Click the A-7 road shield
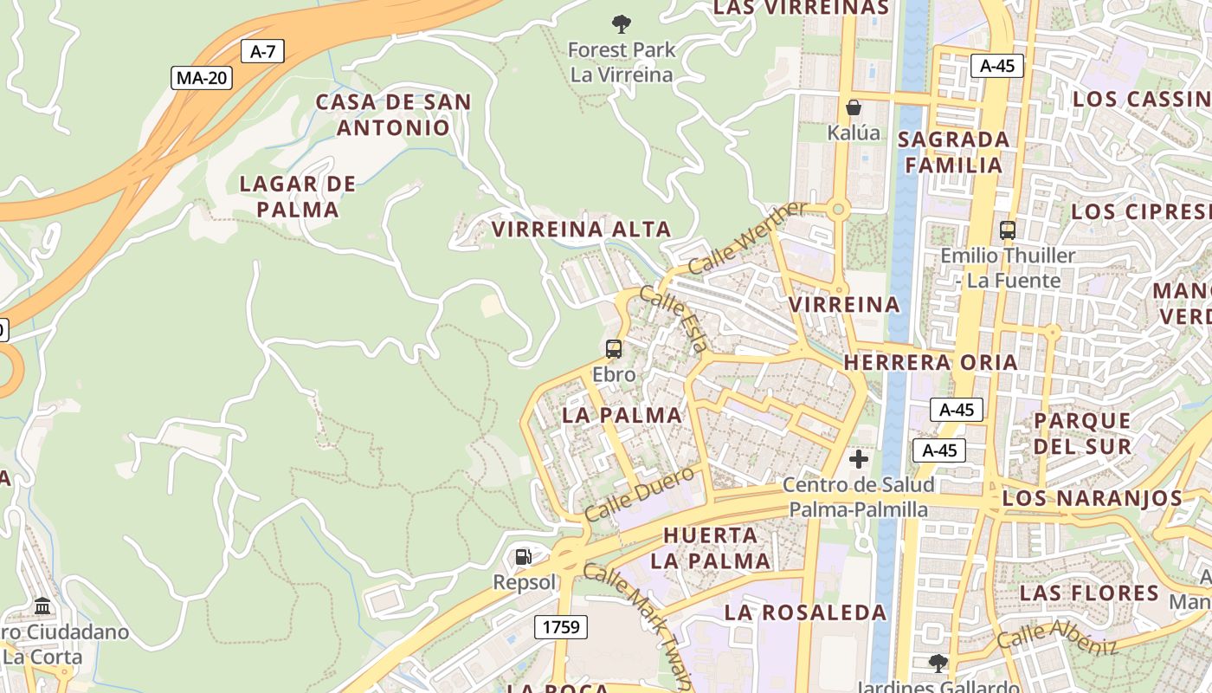click(262, 51)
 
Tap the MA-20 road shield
click(201, 78)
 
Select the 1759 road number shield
click(561, 626)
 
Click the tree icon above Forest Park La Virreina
click(621, 24)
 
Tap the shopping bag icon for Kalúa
click(854, 107)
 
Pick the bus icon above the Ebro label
click(614, 349)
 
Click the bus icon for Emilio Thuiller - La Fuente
click(1008, 230)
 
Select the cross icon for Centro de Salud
click(859, 459)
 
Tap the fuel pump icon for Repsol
click(524, 557)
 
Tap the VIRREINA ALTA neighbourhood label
click(581, 230)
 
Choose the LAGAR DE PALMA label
click(298, 197)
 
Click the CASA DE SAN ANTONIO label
click(394, 114)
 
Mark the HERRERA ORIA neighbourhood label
click(931, 362)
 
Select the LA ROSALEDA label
click(805, 612)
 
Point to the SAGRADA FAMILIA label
click(954, 152)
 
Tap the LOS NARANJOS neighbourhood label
click(1093, 499)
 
